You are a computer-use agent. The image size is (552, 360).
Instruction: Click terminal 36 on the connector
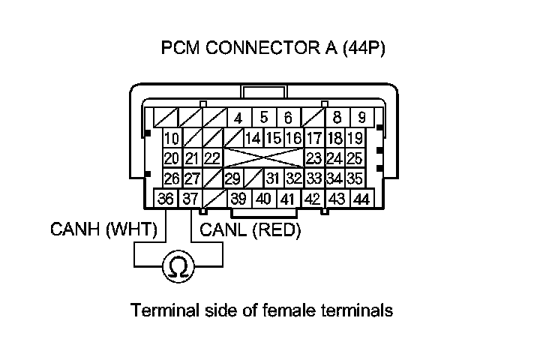click(x=165, y=199)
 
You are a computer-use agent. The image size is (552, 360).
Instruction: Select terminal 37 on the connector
click(x=190, y=199)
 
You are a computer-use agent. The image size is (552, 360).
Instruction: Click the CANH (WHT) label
click(x=104, y=230)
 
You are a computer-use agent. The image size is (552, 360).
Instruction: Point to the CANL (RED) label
click(x=247, y=230)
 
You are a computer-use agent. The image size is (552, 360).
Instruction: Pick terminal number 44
click(x=361, y=199)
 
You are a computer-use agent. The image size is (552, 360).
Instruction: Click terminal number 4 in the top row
click(x=238, y=118)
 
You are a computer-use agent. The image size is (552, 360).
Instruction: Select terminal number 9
click(x=361, y=118)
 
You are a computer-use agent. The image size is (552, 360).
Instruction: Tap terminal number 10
click(x=172, y=138)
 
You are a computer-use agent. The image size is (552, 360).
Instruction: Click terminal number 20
click(x=172, y=158)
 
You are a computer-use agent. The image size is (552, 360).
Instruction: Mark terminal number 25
click(x=355, y=158)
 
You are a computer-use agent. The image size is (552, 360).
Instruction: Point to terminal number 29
click(x=232, y=178)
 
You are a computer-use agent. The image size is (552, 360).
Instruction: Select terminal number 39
click(x=238, y=199)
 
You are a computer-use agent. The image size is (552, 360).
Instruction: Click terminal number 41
click(x=287, y=199)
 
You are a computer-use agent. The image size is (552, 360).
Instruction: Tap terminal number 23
click(x=313, y=158)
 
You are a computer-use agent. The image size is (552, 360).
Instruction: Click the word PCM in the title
click(x=178, y=49)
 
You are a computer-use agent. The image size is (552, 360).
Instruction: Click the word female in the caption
click(x=288, y=310)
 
